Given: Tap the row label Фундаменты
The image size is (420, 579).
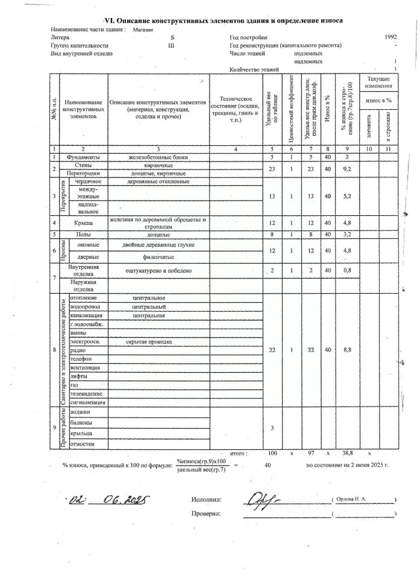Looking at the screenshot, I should [x=84, y=157].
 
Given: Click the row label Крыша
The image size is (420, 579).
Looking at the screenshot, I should [x=84, y=223].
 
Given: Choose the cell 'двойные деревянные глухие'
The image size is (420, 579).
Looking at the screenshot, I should [x=158, y=245].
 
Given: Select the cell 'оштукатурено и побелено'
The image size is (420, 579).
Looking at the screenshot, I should [x=158, y=271].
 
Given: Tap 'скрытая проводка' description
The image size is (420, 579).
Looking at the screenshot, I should [x=149, y=341].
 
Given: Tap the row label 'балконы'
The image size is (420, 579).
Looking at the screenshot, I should [x=82, y=422].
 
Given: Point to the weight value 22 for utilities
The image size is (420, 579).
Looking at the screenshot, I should [x=272, y=350].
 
